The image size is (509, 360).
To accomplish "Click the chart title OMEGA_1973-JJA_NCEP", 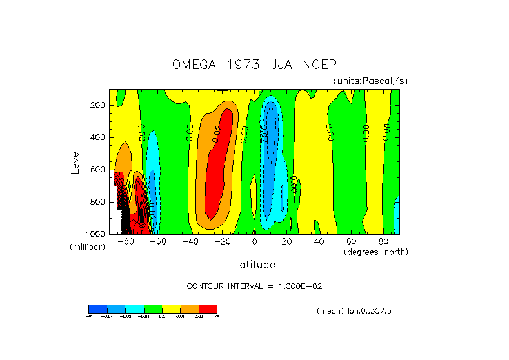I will point(254,65).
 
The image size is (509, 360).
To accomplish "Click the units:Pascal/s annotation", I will point(370,81).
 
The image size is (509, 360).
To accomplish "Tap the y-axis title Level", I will point(75,161).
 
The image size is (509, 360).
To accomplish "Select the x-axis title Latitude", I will point(254,265).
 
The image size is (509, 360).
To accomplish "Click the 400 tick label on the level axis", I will point(99,137).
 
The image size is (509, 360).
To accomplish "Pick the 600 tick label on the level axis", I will point(99,170).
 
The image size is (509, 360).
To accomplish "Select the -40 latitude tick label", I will point(190,242).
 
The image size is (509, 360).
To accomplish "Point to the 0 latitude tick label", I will point(254,242).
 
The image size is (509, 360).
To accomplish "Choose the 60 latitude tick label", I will point(351,242).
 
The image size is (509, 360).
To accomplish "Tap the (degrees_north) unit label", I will point(377,251).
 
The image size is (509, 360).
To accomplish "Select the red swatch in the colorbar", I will point(208,308).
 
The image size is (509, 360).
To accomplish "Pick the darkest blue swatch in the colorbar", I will point(97,308).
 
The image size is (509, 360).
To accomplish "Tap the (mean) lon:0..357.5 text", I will point(354,311).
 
